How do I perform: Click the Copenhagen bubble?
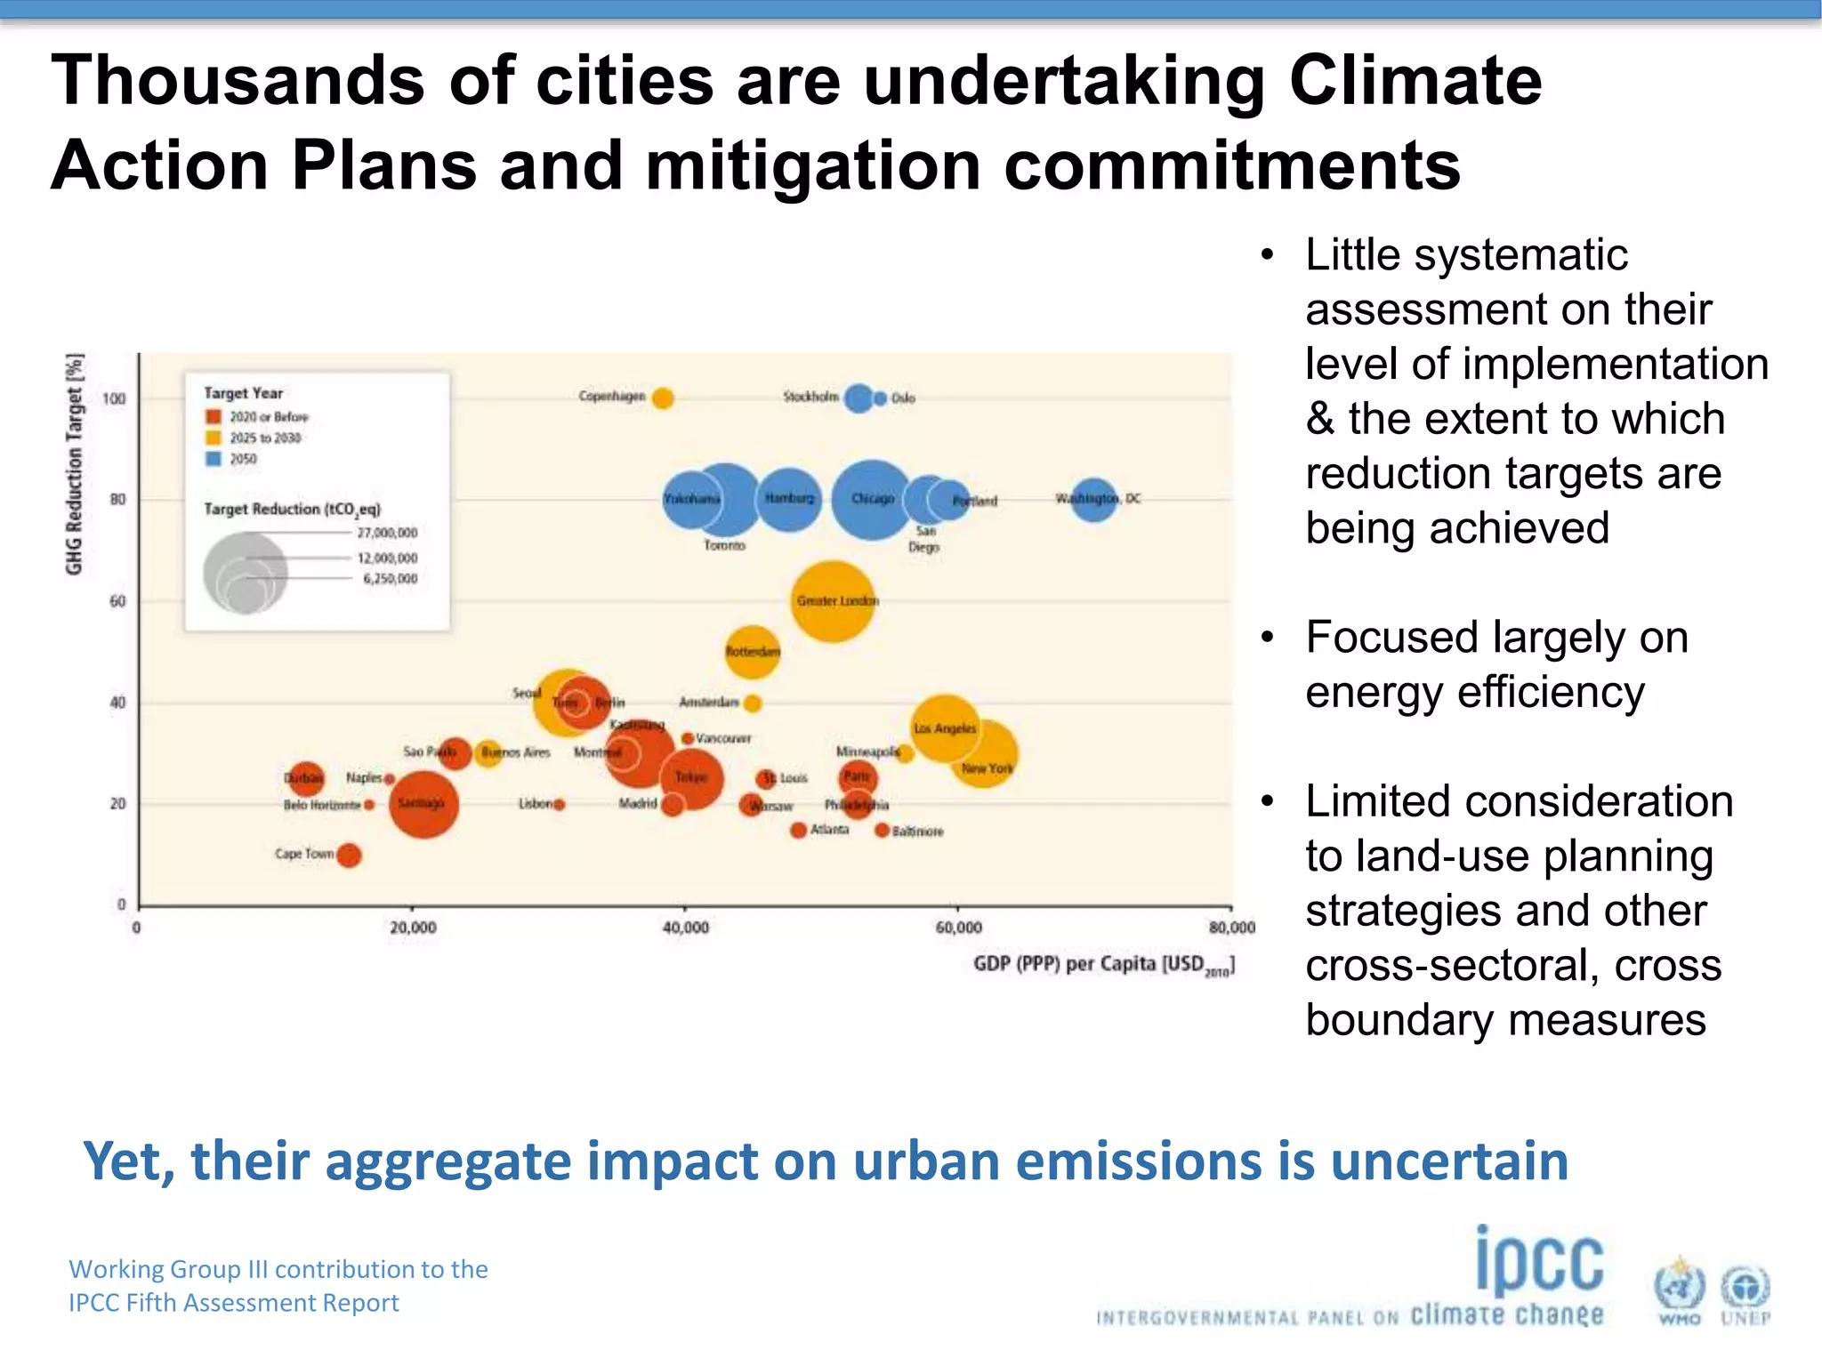[662, 398]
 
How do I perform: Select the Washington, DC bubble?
[1093, 499]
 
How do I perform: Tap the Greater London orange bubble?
[832, 601]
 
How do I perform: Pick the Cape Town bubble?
[349, 855]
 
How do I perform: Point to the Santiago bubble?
[423, 804]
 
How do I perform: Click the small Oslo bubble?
[880, 398]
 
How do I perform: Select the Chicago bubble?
[872, 499]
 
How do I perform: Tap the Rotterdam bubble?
[753, 651]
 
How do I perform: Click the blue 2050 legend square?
[214, 459]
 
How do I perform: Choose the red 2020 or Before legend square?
[214, 416]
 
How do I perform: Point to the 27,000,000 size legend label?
[387, 533]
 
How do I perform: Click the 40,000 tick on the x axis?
[685, 928]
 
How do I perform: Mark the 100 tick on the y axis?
[114, 398]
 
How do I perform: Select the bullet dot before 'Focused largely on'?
[1268, 637]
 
